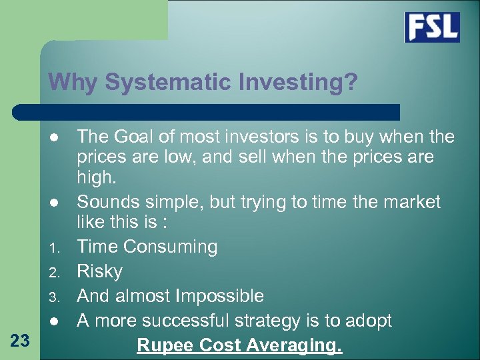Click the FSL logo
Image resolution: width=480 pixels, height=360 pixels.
click(x=432, y=27)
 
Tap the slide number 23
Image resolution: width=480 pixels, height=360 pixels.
click(x=21, y=341)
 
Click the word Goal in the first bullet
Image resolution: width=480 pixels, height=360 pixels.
click(x=136, y=137)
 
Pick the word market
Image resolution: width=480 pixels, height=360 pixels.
click(x=407, y=201)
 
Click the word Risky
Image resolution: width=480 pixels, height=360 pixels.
click(x=100, y=271)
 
